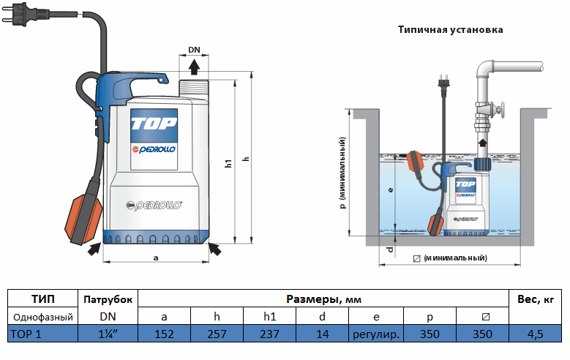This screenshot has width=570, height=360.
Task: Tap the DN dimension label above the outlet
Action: coord(194,50)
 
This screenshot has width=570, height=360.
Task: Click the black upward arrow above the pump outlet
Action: coord(194,67)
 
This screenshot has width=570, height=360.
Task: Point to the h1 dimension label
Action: coord(228,164)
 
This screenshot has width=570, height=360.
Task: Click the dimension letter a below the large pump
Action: coord(155,258)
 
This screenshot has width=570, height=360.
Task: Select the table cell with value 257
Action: coord(217,334)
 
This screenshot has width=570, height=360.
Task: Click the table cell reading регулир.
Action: coord(375,334)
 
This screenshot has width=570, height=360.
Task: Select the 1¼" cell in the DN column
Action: coord(108,334)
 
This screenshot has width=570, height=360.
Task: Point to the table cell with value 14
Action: coord(323,334)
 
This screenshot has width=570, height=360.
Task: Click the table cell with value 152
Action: coord(164,334)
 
